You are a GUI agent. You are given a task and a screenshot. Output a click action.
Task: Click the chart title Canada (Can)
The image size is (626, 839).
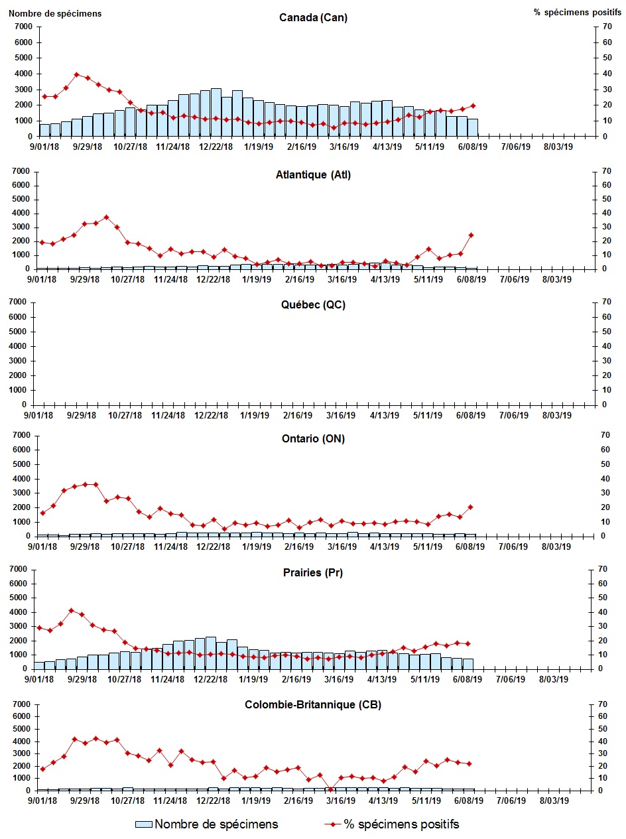click(x=313, y=18)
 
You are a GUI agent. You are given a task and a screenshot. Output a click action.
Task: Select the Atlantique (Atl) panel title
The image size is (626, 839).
click(x=313, y=175)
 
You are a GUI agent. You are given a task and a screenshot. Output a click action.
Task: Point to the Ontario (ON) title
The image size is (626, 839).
click(x=312, y=439)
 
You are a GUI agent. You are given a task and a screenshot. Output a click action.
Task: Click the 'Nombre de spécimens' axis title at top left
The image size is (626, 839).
click(x=55, y=13)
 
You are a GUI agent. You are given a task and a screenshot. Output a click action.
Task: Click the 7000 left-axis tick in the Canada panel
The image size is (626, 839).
click(x=23, y=27)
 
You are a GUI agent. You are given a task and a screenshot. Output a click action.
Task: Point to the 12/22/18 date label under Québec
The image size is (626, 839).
click(x=213, y=415)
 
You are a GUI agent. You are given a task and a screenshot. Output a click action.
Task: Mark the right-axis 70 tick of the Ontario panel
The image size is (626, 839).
click(x=604, y=435)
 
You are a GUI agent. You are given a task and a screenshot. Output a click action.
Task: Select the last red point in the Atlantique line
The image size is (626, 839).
click(x=471, y=235)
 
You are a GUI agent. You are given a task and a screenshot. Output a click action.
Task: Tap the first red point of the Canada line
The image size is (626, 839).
click(x=44, y=96)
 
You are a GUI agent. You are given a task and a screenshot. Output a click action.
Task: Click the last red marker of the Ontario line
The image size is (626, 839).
click(x=470, y=507)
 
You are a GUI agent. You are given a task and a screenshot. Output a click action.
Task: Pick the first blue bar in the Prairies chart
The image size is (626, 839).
click(x=39, y=665)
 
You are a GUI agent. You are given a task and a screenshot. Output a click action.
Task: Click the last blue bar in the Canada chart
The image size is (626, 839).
click(x=472, y=127)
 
